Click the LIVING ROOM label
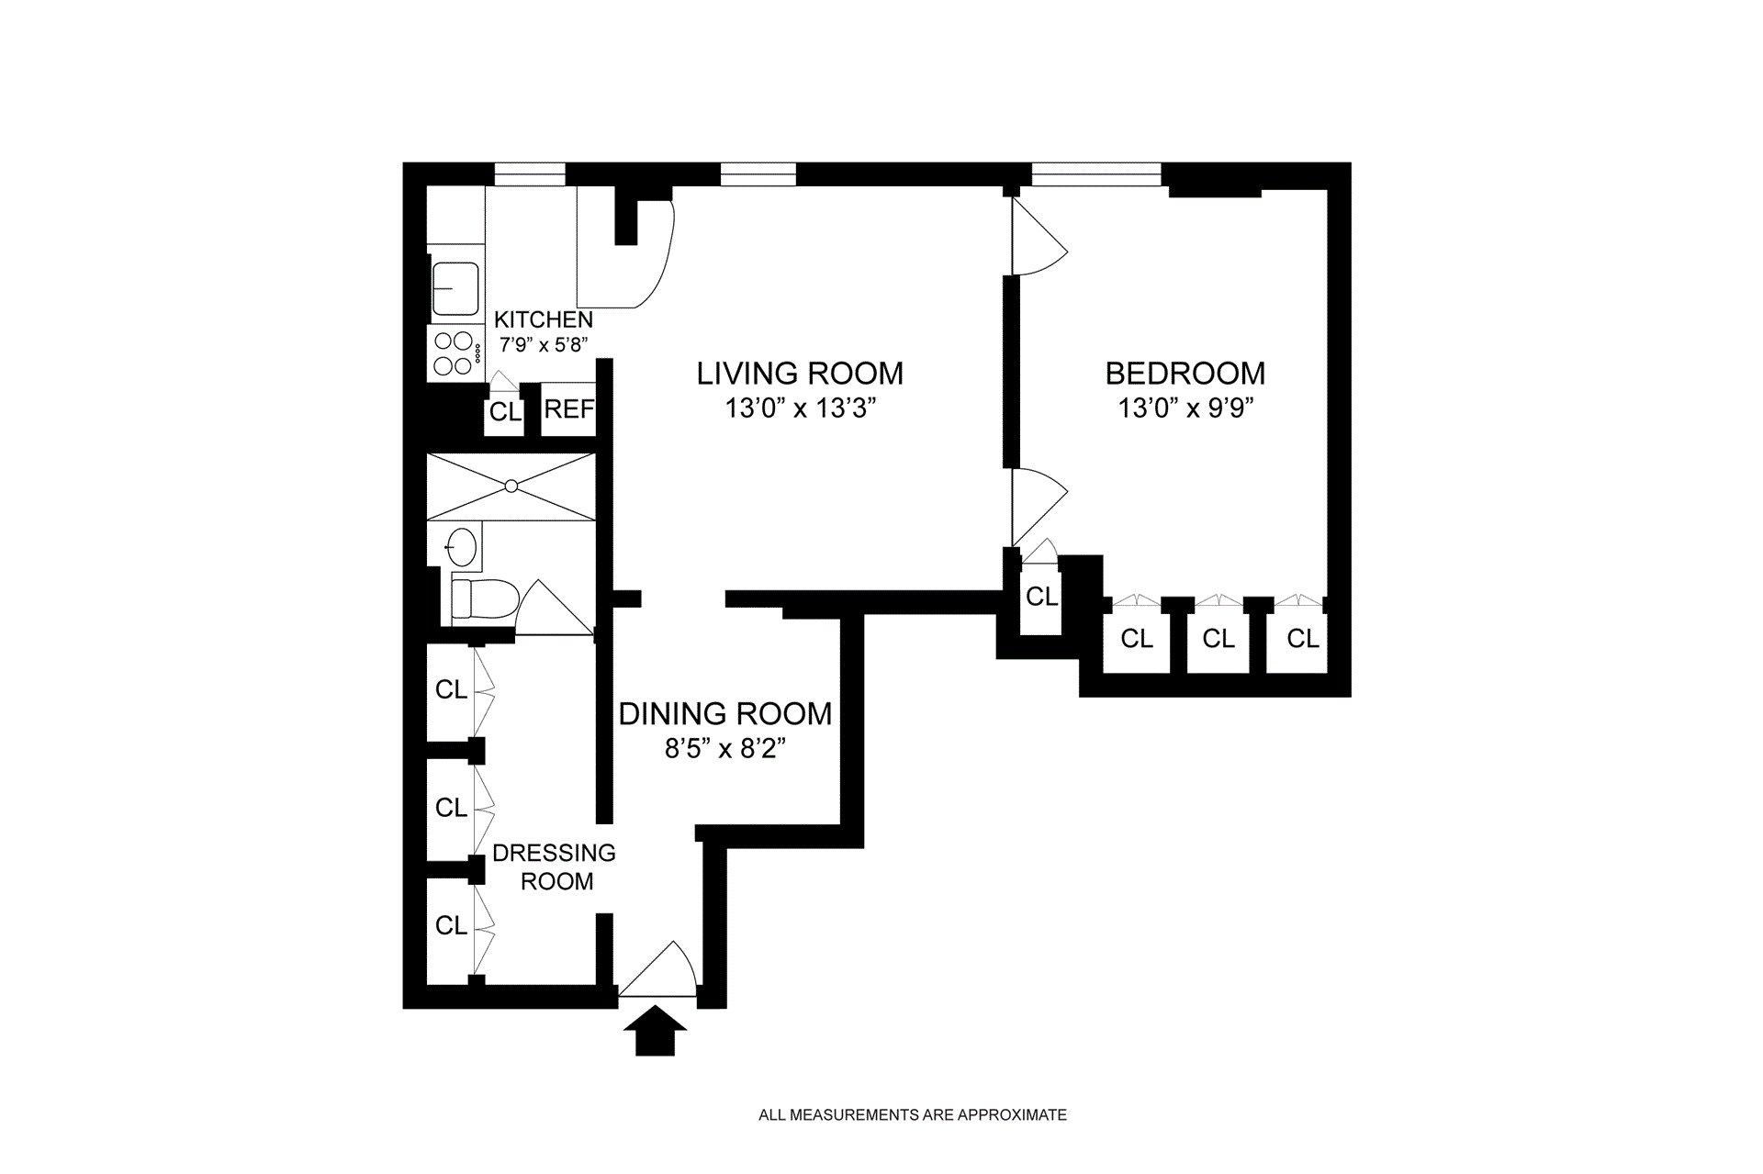tap(800, 374)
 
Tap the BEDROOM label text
tap(1185, 374)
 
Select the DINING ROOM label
tap(725, 714)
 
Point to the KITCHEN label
tap(544, 319)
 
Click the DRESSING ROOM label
tap(555, 867)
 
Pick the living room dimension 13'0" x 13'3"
tap(800, 408)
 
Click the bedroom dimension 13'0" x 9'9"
tap(1185, 408)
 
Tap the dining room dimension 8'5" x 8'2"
tap(725, 749)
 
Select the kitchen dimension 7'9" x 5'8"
tap(543, 345)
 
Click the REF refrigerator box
tap(568, 408)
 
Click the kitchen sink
tap(455, 288)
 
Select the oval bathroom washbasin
tap(462, 548)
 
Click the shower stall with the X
tap(511, 486)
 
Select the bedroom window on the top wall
tap(1096, 174)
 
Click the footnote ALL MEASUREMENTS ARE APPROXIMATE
tap(913, 1115)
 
